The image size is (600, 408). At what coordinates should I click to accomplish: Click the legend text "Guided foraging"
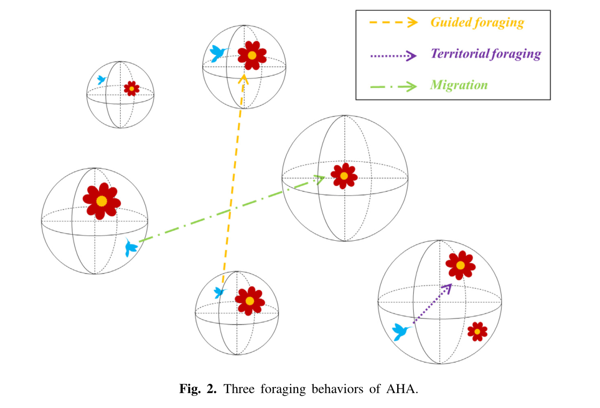(477, 23)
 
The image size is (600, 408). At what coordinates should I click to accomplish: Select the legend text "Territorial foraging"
(485, 54)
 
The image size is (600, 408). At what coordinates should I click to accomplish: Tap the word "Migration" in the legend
(458, 85)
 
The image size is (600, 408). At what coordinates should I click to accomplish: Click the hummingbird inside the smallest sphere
(101, 80)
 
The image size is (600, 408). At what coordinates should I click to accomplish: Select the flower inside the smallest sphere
(131, 88)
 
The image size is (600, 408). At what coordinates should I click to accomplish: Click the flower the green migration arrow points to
(344, 175)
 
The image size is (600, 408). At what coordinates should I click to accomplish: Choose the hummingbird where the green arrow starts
(131, 247)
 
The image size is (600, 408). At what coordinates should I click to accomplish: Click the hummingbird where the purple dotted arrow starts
(401, 331)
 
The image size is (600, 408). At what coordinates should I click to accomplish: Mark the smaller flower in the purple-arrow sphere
(477, 332)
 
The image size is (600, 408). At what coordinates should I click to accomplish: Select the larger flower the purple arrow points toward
(460, 265)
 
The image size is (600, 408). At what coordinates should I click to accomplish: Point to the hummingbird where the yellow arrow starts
(220, 292)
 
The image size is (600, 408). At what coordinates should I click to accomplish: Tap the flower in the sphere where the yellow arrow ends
(251, 55)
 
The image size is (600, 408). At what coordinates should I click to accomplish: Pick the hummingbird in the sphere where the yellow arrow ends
(218, 53)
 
